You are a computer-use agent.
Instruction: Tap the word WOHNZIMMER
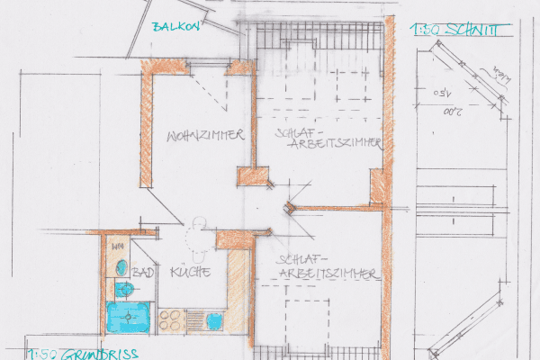(206, 136)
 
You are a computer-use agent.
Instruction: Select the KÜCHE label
(189, 272)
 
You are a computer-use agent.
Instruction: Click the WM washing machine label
(117, 246)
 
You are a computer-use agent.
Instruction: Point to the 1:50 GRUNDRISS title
(82, 353)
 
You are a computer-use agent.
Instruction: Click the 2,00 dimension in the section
(453, 112)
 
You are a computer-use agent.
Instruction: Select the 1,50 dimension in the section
(443, 93)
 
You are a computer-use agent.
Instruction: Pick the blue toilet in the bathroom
(125, 290)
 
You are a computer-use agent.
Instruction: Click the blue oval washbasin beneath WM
(121, 265)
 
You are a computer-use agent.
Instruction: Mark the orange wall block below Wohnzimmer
(254, 176)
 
